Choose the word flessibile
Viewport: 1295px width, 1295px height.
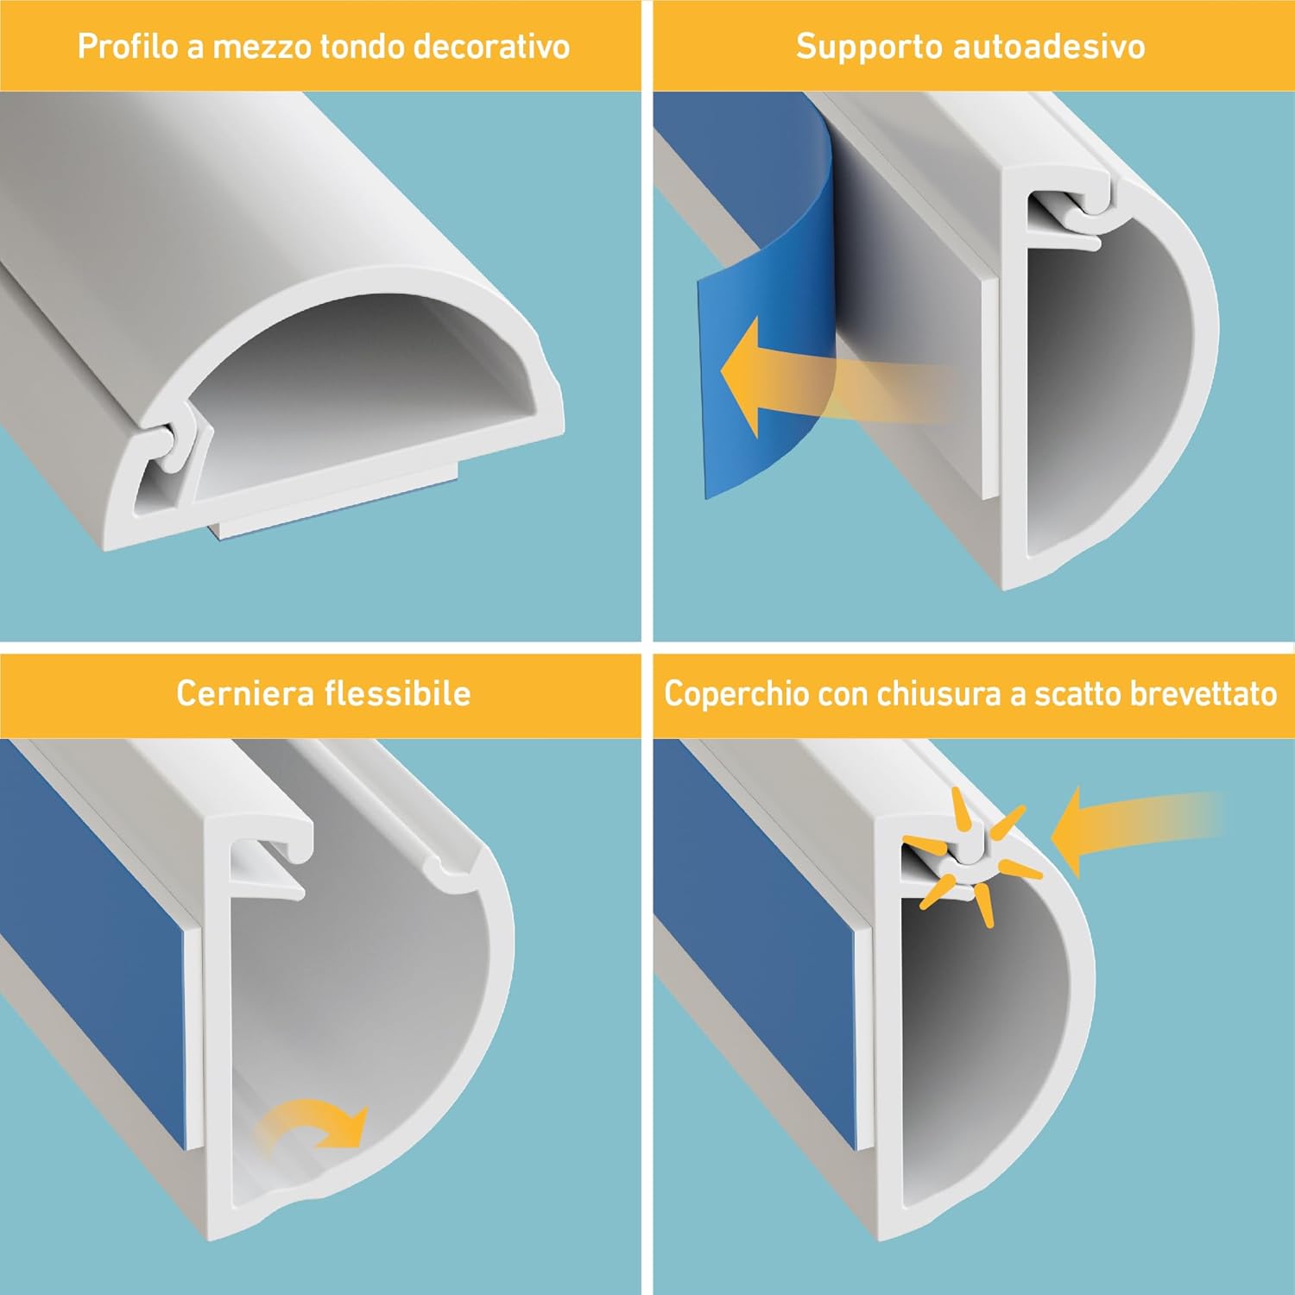(397, 693)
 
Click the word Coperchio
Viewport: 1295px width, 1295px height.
(736, 694)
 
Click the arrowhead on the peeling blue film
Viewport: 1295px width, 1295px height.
(741, 376)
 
